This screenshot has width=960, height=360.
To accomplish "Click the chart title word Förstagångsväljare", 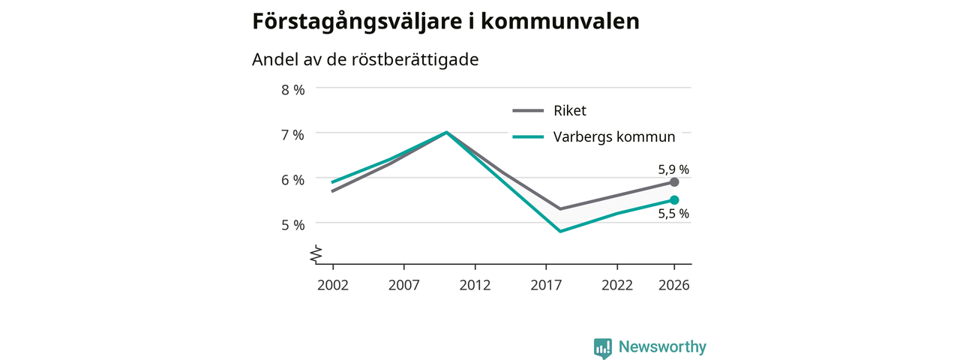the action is click(x=356, y=22).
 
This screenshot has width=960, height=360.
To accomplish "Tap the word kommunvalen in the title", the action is click(x=560, y=21).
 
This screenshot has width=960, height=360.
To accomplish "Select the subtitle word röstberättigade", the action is click(x=415, y=59).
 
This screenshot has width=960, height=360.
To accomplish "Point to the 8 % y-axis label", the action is click(x=293, y=90).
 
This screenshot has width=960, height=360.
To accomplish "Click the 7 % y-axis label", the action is click(x=293, y=135).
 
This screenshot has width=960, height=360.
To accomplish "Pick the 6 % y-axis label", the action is click(x=293, y=180).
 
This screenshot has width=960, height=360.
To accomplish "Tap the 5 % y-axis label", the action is click(x=293, y=225).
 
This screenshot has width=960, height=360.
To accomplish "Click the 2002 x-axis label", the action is click(x=333, y=286).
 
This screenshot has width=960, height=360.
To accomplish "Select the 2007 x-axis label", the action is click(x=404, y=286).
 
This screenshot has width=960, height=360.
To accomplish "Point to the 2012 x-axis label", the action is click(x=475, y=286).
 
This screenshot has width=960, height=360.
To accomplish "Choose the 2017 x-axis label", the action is click(x=546, y=286).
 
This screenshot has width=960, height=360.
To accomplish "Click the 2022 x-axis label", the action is click(x=617, y=286).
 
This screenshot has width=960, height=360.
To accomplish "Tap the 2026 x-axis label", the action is click(x=674, y=286).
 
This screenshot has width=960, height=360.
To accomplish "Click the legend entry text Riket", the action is click(x=569, y=110).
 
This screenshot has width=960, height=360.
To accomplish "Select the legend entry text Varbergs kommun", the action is click(x=614, y=137).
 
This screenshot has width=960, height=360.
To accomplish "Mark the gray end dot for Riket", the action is click(x=674, y=182).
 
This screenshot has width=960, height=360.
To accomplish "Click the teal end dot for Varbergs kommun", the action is click(x=674, y=200).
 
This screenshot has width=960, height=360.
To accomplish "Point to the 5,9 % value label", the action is click(x=673, y=169).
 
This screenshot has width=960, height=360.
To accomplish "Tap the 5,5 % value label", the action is click(x=673, y=214).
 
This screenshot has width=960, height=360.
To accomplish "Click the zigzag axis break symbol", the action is click(x=316, y=254).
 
